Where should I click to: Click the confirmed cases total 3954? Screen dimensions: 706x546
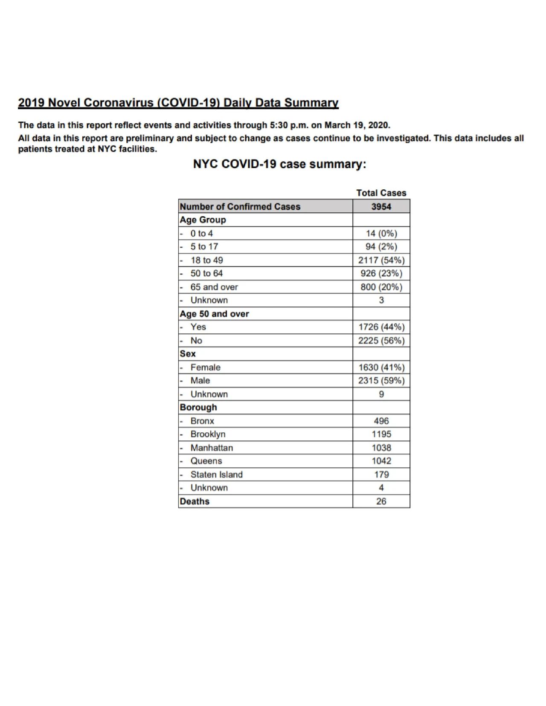[x=381, y=207]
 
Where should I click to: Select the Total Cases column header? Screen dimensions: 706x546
[x=381, y=193]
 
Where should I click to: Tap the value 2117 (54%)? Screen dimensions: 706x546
[x=381, y=260]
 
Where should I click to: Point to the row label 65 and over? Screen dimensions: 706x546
[x=214, y=287]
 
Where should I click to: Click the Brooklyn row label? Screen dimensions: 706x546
[x=208, y=434]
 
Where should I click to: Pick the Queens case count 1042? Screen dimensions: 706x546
[x=381, y=461]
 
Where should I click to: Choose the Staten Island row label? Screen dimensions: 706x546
[x=216, y=475]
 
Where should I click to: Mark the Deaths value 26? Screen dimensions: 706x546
[x=381, y=501]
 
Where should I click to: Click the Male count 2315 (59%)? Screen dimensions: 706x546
[x=381, y=380]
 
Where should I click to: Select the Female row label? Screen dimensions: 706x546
[x=205, y=367]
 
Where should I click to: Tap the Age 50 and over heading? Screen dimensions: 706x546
[x=214, y=314]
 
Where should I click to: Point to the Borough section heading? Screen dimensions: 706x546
[x=198, y=407]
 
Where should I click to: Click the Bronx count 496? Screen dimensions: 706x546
[x=381, y=421]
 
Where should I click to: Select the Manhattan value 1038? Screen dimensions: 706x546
[x=381, y=448]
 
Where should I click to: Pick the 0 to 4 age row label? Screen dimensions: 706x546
[x=201, y=233]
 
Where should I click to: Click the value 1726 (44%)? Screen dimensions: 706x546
[x=381, y=327]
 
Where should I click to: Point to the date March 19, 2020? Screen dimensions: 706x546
[x=357, y=125]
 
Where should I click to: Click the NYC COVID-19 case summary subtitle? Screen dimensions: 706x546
[x=279, y=164]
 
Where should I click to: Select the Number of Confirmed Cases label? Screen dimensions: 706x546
[x=240, y=207]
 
